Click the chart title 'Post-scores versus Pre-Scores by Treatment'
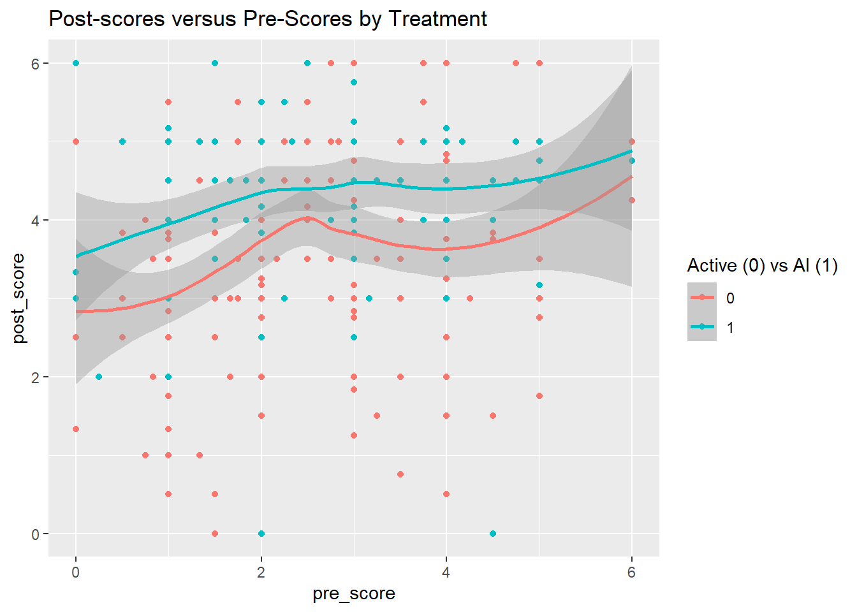[268, 19]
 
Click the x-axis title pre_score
[354, 594]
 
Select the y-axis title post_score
[18, 298]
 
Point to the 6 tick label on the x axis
[631, 572]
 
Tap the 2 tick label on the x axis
[261, 572]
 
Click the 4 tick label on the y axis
[36, 221]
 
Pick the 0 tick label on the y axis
[36, 534]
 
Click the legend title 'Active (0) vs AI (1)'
[762, 265]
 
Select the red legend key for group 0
[702, 298]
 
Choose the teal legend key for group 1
[702, 327]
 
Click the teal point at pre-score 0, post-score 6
[76, 63]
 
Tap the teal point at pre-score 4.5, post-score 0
[493, 534]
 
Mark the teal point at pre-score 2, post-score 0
[261, 534]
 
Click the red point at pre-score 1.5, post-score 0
[215, 534]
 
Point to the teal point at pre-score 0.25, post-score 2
[99, 377]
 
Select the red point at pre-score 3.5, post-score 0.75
[400, 474]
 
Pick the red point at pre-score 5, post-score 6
[539, 63]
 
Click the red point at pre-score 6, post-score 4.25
[632, 200]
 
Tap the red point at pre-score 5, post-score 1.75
[539, 396]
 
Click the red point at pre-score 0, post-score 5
[76, 142]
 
